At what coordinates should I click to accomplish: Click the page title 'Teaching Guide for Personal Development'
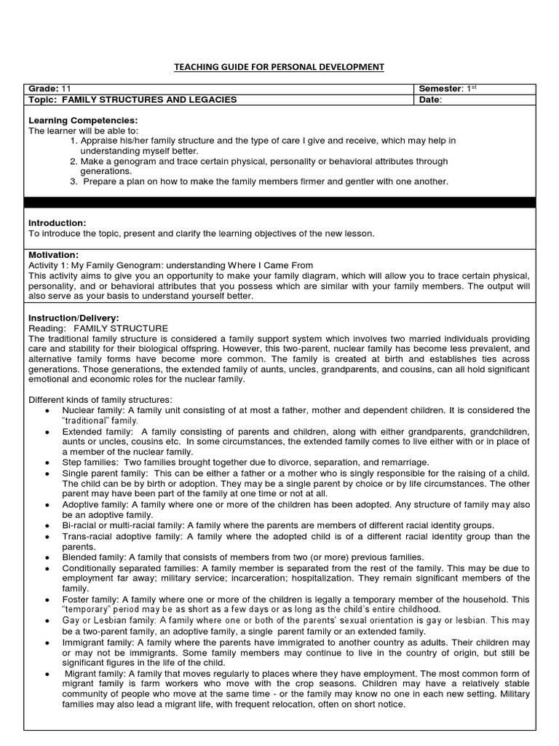tap(279, 67)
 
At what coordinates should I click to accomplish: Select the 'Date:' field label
tap(431, 100)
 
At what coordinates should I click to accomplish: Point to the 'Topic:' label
tap(43, 100)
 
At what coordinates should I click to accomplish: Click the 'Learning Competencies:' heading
tap(82, 119)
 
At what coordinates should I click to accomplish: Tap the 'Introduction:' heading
tap(57, 222)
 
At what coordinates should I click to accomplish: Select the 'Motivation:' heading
tap(53, 255)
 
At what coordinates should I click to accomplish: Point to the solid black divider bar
tap(279, 202)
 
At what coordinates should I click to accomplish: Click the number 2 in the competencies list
tap(74, 161)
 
